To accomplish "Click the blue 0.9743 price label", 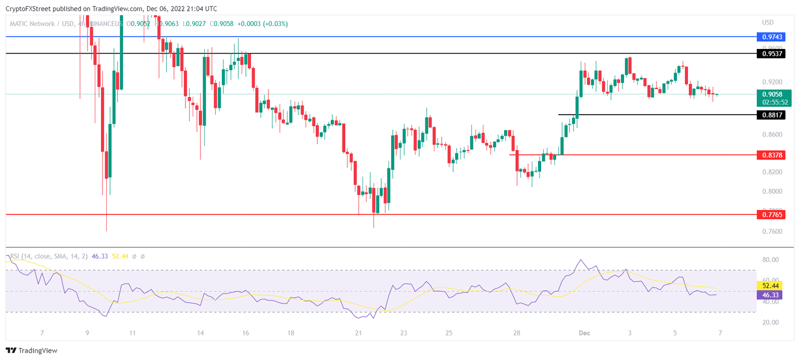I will [x=770, y=37].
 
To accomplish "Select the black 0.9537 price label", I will [x=770, y=54].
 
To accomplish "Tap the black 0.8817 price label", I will [x=770, y=115].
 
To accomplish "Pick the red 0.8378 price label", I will [x=770, y=155].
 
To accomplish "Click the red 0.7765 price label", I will [x=770, y=214].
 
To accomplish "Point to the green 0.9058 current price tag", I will [x=770, y=94].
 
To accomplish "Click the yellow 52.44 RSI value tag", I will [x=770, y=285].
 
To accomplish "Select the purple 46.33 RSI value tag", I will [x=770, y=294].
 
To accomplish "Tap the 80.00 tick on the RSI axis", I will [x=770, y=260].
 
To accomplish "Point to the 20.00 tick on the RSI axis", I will [x=770, y=322].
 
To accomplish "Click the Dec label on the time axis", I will [x=585, y=333].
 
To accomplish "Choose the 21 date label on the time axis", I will [x=358, y=333].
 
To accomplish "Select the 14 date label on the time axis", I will [x=201, y=333].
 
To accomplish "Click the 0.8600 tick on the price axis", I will [x=770, y=135].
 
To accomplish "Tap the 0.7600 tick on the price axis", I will [x=770, y=231].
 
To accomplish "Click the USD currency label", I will [x=767, y=22].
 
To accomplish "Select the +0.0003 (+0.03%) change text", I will [x=262, y=24].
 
